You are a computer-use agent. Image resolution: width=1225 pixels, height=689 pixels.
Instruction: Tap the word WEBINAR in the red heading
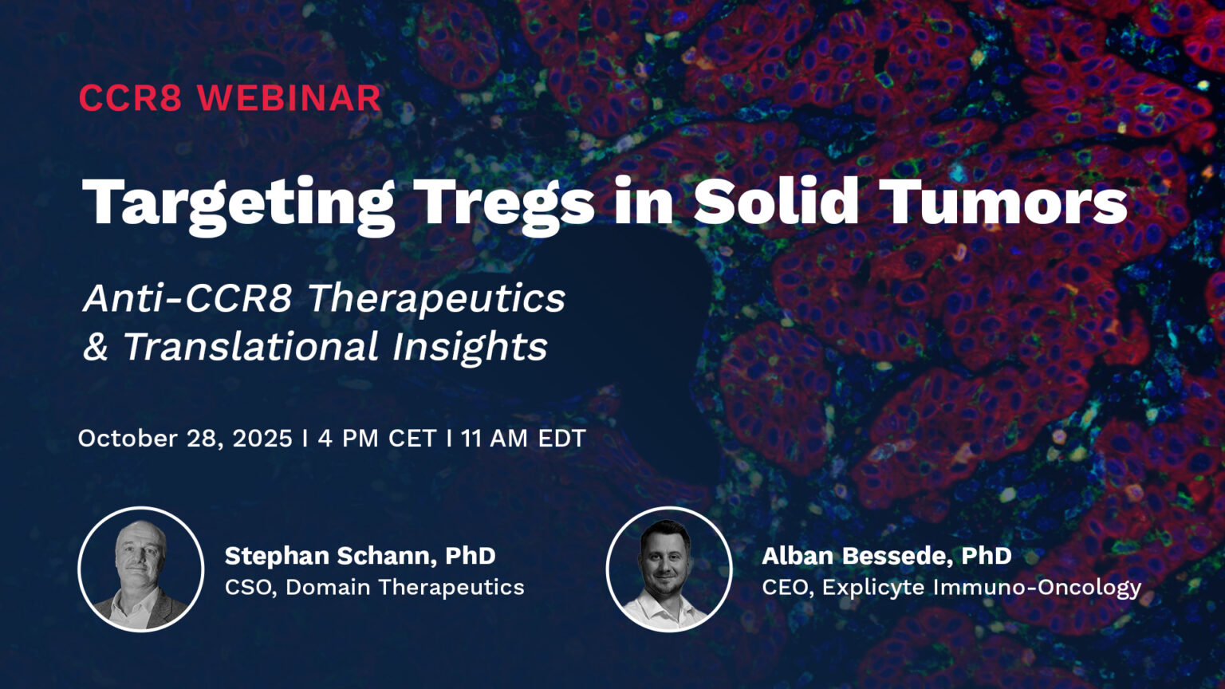click(x=289, y=98)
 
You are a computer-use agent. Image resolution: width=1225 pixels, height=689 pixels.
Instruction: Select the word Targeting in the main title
click(x=238, y=203)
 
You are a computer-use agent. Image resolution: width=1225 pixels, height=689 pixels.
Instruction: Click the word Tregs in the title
click(x=506, y=203)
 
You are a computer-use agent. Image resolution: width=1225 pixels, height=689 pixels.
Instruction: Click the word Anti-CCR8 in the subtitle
click(x=188, y=298)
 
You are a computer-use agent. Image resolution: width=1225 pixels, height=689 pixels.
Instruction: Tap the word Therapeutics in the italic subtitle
click(x=436, y=298)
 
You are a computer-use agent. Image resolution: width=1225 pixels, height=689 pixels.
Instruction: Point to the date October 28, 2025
click(x=185, y=439)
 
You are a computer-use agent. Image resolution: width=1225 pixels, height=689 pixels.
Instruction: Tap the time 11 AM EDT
click(x=523, y=439)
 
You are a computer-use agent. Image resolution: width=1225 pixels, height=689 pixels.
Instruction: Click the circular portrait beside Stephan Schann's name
click(x=141, y=569)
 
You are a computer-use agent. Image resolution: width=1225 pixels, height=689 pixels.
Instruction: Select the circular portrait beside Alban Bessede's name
click(x=668, y=569)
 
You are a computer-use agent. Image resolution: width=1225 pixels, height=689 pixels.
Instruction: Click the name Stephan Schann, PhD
click(x=360, y=556)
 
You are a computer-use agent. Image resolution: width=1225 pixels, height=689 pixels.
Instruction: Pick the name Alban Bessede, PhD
click(x=886, y=556)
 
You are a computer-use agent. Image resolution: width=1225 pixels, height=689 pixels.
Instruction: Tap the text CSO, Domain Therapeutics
click(x=374, y=588)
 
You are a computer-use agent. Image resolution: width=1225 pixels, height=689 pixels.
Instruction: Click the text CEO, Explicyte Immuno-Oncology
click(x=951, y=588)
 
